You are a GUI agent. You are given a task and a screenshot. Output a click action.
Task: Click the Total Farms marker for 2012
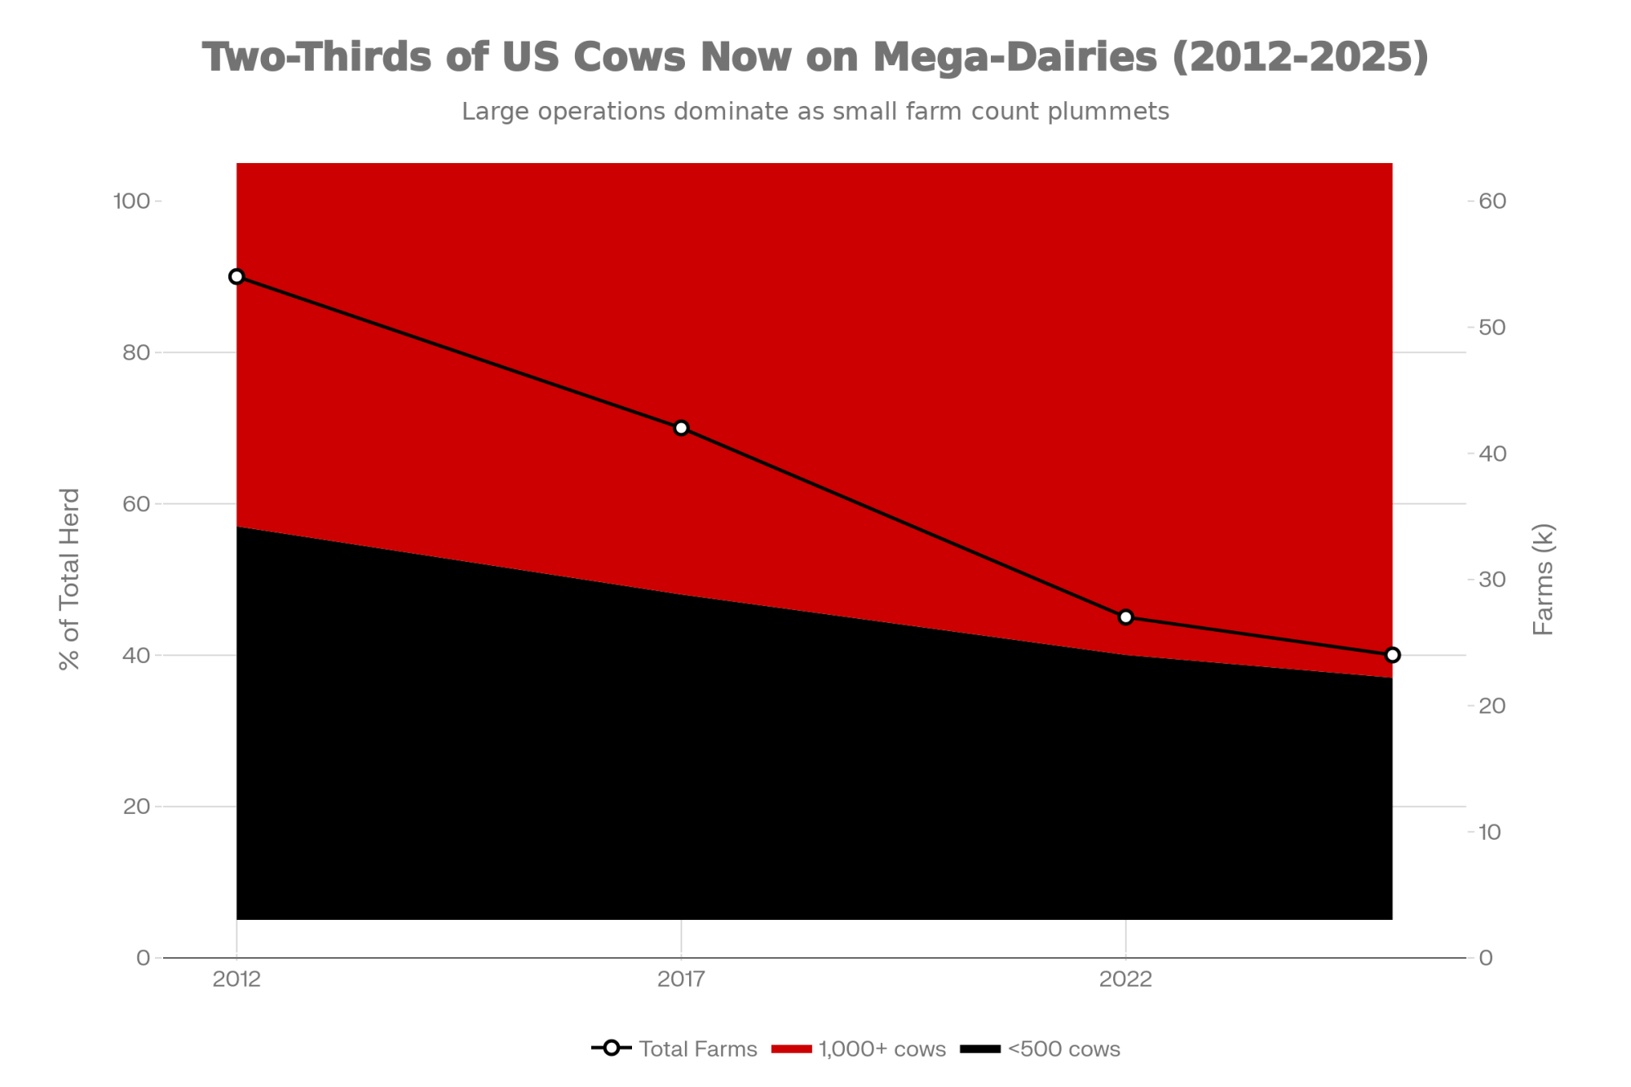coord(236,276)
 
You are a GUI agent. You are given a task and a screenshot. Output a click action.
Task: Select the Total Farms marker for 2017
coord(681,428)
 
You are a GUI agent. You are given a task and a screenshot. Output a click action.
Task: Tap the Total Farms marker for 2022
coord(1125,617)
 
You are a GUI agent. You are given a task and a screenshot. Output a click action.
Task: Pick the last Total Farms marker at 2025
coord(1392,655)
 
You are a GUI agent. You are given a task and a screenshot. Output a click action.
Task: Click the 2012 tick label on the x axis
coord(236,979)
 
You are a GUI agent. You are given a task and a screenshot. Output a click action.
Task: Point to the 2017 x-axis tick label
coord(681,979)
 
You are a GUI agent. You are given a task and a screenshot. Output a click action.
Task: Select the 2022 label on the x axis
coord(1125,979)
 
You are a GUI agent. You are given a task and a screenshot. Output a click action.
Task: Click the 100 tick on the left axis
coord(131,201)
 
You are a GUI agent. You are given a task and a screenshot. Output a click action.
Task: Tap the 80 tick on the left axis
coord(136,352)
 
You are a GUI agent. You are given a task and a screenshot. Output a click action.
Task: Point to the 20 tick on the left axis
coord(136,806)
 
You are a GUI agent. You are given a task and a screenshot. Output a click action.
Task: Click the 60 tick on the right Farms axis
coord(1492,201)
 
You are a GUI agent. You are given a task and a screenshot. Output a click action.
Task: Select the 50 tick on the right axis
coord(1492,327)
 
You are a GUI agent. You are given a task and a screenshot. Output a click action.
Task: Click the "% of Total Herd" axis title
coord(70,579)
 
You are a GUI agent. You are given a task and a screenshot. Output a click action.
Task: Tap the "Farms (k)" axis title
coord(1543,579)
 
